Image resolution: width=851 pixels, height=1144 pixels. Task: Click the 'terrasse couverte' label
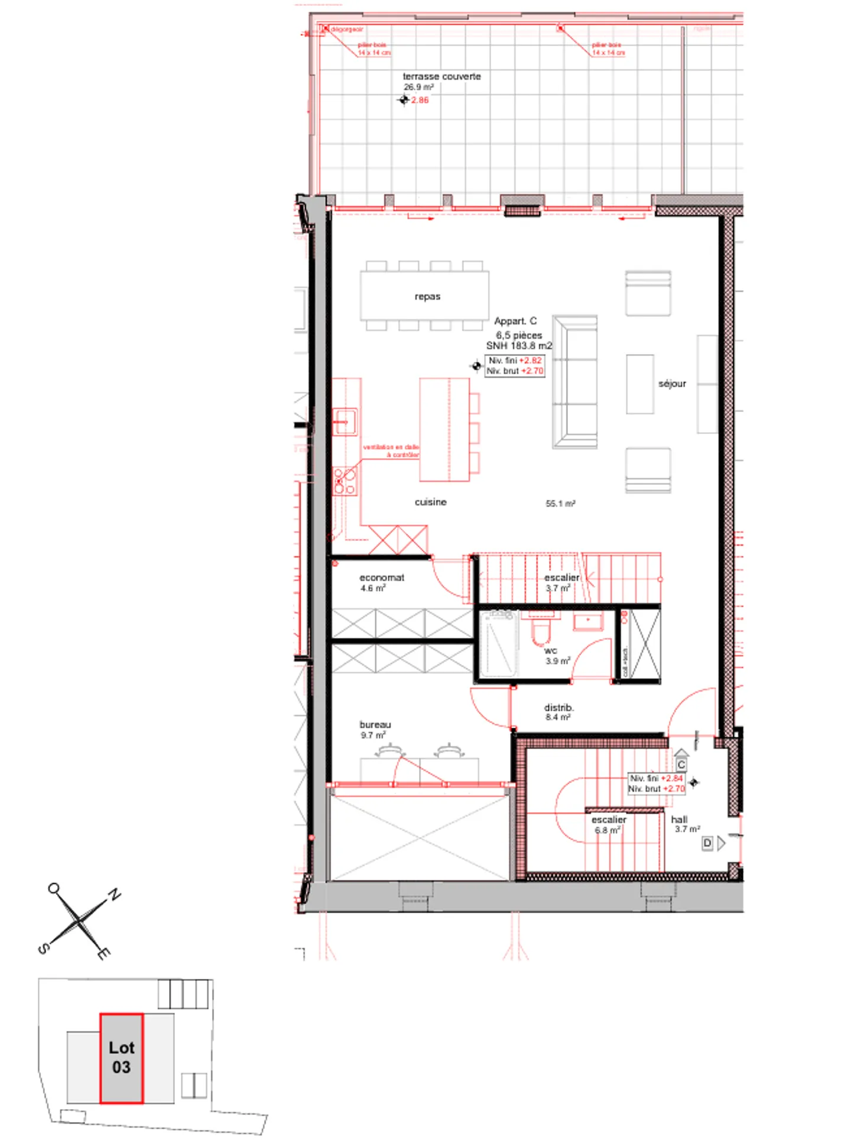[x=441, y=76]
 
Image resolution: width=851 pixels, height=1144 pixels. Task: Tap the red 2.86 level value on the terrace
[x=420, y=100]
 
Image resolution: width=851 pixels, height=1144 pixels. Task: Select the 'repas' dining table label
[x=427, y=296]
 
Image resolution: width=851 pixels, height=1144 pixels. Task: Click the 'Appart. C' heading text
[x=515, y=320]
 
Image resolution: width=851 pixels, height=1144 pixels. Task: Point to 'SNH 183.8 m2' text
[x=518, y=345]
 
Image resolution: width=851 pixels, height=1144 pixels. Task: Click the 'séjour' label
[x=672, y=384]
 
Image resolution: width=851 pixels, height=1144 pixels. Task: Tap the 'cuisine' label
[x=430, y=501]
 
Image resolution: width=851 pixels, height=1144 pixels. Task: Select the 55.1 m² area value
[x=560, y=504]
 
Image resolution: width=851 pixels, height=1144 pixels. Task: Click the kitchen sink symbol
[x=344, y=422]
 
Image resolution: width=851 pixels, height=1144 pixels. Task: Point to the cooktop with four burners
[x=345, y=481]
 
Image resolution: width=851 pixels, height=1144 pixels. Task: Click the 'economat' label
[x=382, y=577]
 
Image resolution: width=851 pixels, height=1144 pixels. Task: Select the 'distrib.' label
[x=558, y=707]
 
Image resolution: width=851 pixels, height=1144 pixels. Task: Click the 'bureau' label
[x=375, y=724]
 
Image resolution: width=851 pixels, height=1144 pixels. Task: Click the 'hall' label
[x=679, y=819]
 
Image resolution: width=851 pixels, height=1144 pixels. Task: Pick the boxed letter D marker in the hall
[x=707, y=843]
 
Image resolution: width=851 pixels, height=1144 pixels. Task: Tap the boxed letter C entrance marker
[x=681, y=764]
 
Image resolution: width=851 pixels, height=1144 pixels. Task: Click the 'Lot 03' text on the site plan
[x=121, y=1057]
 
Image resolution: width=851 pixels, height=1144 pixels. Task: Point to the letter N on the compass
[x=114, y=895]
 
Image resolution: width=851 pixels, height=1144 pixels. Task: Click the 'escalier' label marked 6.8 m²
[x=608, y=819]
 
